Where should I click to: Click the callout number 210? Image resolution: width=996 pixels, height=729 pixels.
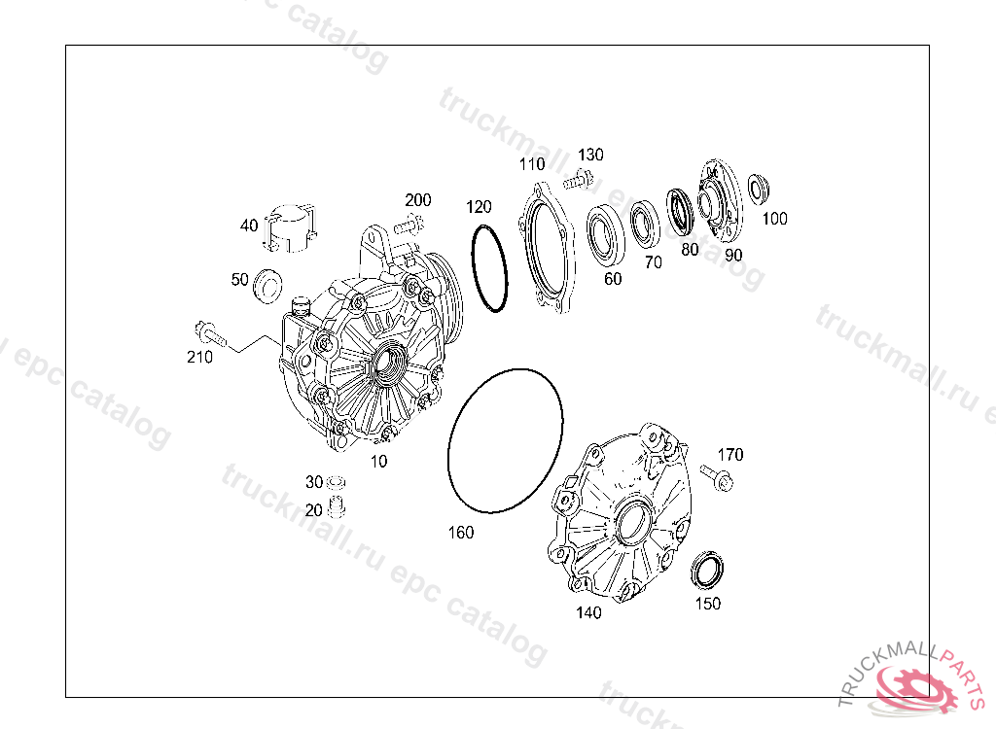[199, 358]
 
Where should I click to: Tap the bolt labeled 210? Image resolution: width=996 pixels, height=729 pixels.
[210, 334]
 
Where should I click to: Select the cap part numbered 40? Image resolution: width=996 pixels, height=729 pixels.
[290, 228]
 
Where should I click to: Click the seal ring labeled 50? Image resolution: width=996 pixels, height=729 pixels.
[267, 285]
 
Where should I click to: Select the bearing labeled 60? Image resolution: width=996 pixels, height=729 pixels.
[605, 235]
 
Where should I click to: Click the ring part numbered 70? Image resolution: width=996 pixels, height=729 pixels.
[646, 225]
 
